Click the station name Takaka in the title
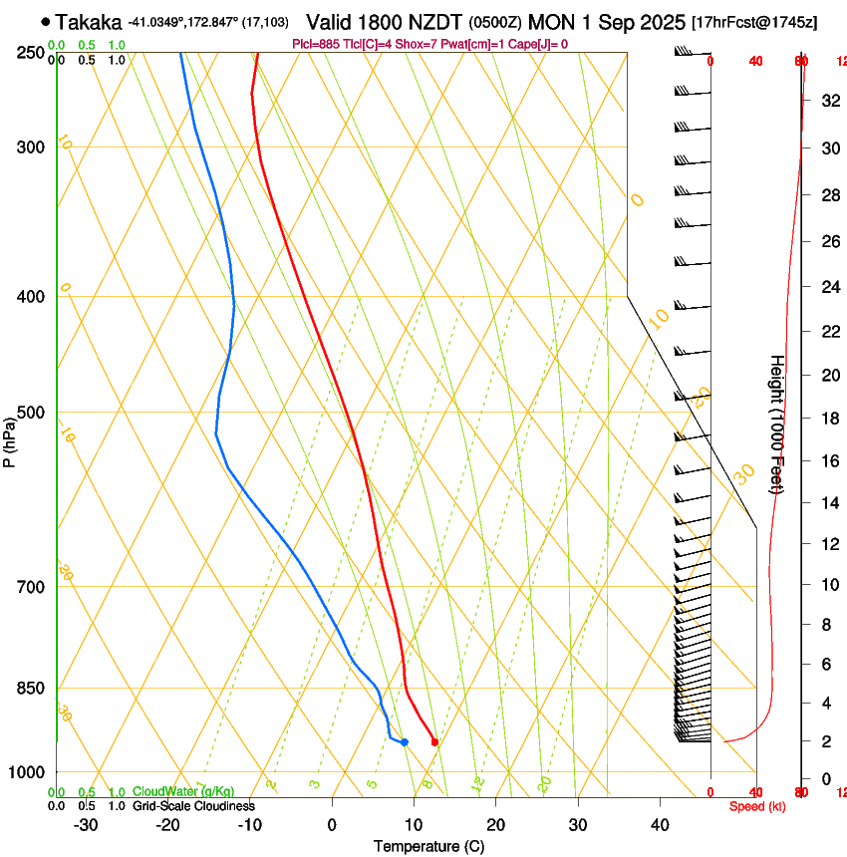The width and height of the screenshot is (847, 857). click(89, 22)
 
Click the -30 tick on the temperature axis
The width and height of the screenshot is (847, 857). click(86, 825)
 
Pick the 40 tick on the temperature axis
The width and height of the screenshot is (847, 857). click(659, 825)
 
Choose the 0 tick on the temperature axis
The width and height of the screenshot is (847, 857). click(332, 825)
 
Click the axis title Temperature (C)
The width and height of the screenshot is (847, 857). click(428, 846)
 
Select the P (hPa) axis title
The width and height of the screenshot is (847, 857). click(9, 439)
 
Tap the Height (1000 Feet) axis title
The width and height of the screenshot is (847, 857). click(777, 424)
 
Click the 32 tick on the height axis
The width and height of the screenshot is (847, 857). click(829, 101)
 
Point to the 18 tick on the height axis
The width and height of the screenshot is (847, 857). click(829, 419)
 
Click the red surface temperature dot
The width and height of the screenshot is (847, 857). click(434, 741)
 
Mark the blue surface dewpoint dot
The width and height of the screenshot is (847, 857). click(404, 741)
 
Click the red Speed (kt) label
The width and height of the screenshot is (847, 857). click(756, 806)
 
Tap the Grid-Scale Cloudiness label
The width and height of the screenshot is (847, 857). click(193, 806)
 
